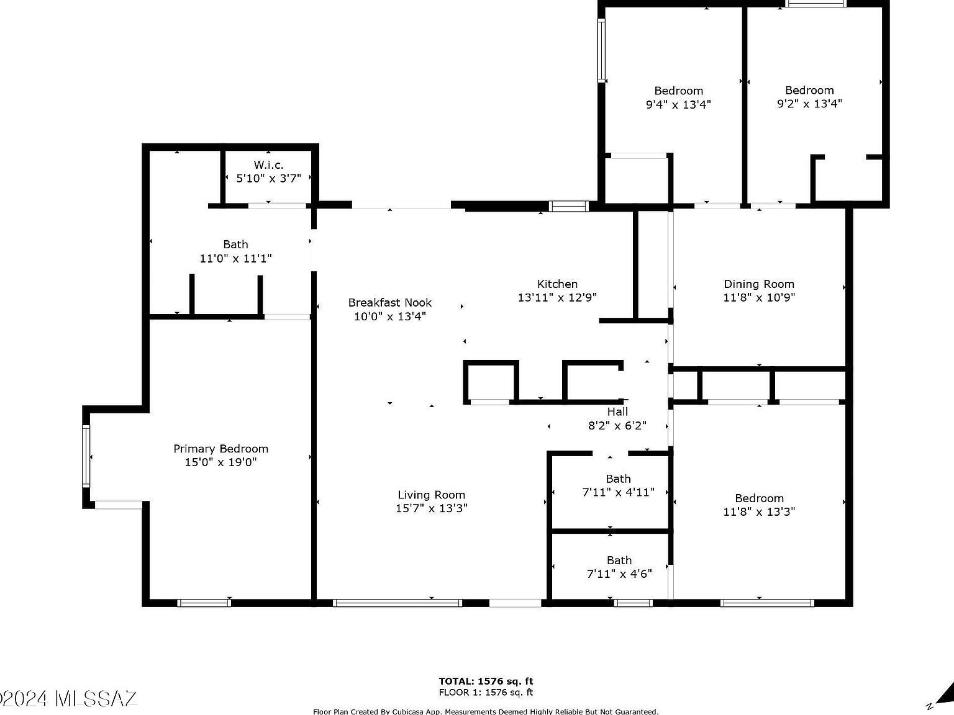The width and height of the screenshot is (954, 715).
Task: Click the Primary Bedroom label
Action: pyautogui.click(x=220, y=449)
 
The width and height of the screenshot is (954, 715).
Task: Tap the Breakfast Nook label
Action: pyautogui.click(x=389, y=303)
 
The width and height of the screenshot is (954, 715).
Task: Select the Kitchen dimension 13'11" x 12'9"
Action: pyautogui.click(x=557, y=297)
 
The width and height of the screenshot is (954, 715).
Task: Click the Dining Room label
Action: pyautogui.click(x=758, y=284)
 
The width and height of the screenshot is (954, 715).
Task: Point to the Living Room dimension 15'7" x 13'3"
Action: pyautogui.click(x=431, y=508)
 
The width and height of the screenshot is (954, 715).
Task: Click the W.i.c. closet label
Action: pyautogui.click(x=268, y=165)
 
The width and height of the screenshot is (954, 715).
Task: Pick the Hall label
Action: pyautogui.click(x=617, y=411)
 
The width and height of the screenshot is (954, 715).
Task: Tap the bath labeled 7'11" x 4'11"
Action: pyautogui.click(x=618, y=485)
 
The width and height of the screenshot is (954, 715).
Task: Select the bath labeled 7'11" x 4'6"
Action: pyautogui.click(x=619, y=567)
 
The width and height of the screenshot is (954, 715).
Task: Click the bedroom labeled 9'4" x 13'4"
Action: pyautogui.click(x=678, y=97)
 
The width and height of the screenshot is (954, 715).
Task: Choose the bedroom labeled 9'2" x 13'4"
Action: pyautogui.click(x=809, y=97)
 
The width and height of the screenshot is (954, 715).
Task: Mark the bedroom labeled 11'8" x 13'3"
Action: pyautogui.click(x=759, y=505)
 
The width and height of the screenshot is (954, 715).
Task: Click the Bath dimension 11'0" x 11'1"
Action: pyautogui.click(x=235, y=258)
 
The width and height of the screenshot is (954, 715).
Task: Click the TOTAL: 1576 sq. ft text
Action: pyautogui.click(x=486, y=681)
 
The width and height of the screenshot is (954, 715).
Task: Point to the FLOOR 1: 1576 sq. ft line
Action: pyautogui.click(x=486, y=693)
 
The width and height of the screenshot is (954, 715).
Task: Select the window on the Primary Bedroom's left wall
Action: pyautogui.click(x=86, y=456)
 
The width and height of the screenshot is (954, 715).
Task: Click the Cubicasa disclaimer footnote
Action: pyautogui.click(x=486, y=711)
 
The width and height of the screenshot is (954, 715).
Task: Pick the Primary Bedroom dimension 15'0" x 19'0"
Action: pyautogui.click(x=220, y=462)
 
